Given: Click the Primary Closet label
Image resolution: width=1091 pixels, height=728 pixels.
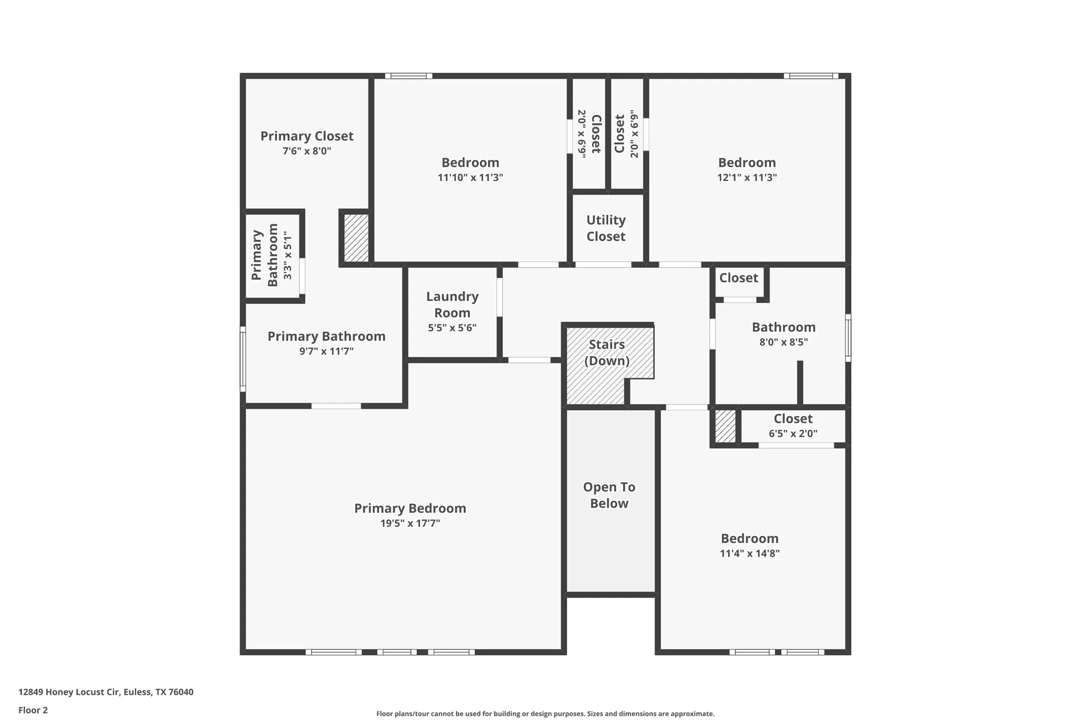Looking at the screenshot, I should (306, 136).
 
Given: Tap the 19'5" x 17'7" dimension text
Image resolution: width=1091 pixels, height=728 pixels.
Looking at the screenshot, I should (410, 523).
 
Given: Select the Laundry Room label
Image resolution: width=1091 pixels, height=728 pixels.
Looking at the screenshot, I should (452, 305).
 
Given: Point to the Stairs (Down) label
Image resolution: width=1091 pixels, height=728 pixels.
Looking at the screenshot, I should (607, 352).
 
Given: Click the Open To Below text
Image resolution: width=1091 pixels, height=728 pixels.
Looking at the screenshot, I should (609, 495).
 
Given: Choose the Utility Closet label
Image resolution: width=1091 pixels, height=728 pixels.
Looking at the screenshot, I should (606, 228).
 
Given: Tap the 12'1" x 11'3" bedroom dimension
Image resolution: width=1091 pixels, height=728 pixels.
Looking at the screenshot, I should (746, 177).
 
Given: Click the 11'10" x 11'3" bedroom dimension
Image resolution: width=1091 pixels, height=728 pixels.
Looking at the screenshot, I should (470, 177).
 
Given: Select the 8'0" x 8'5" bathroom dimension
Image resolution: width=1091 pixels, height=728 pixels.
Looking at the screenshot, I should (783, 342).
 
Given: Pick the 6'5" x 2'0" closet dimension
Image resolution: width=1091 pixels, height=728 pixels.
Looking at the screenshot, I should (793, 434).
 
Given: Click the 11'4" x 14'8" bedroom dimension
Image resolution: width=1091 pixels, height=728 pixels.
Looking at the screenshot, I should (749, 554).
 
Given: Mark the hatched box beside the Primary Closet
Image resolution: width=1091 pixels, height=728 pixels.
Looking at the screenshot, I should (356, 238).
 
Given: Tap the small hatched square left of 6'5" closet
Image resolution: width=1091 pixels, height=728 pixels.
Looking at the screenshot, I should (725, 426).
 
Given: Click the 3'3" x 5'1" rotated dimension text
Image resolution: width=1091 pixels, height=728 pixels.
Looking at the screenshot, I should (287, 255).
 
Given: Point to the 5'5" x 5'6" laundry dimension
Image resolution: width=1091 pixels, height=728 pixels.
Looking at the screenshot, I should (452, 328).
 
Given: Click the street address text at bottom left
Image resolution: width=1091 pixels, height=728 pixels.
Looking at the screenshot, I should (105, 692).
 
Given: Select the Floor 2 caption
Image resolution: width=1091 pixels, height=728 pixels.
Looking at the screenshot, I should (33, 710).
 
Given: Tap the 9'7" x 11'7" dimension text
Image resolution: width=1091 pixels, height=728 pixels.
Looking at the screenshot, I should (326, 351).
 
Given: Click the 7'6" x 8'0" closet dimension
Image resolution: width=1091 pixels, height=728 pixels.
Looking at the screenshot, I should (306, 151).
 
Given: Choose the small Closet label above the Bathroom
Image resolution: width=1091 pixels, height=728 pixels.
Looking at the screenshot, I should (738, 278).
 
